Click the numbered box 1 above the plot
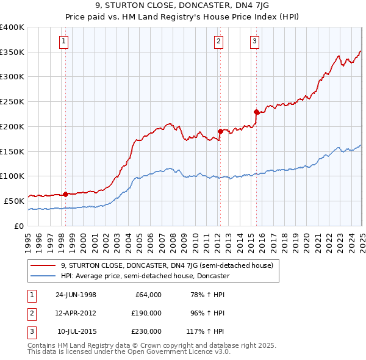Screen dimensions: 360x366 coord(64,41)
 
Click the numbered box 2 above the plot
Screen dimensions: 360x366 coord(218,41)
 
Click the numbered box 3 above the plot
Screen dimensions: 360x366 coord(254,41)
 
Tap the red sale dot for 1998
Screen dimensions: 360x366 coord(65,194)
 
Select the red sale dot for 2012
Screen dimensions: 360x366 coord(220,131)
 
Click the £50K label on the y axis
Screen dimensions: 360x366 coord(15,201)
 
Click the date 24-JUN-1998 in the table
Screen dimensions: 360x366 coord(76,295)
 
